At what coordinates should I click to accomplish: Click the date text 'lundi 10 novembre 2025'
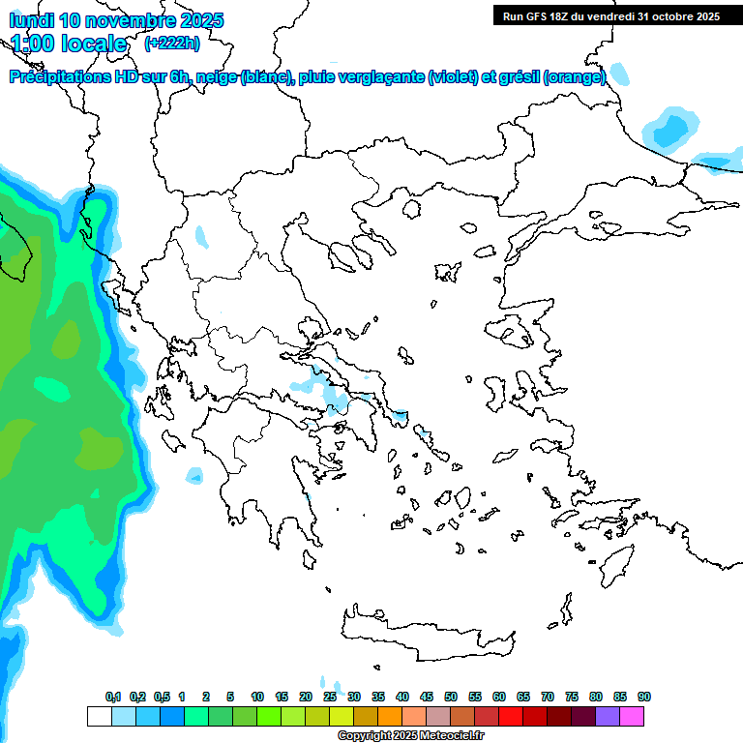pyautogui.click(x=116, y=20)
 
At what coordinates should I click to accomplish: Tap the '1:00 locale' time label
pyautogui.click(x=69, y=44)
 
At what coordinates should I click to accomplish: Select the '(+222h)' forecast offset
pyautogui.click(x=172, y=44)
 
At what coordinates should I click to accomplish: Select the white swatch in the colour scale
pyautogui.click(x=99, y=717)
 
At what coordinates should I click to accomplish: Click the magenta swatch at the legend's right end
pyautogui.click(x=632, y=717)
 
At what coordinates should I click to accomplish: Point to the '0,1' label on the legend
pyautogui.click(x=113, y=698)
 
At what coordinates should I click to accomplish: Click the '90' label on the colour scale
pyautogui.click(x=644, y=698)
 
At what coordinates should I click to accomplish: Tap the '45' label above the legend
pyautogui.click(x=427, y=698)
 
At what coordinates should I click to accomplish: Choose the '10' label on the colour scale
pyautogui.click(x=257, y=698)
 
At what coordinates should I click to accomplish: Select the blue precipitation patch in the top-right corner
pyautogui.click(x=671, y=128)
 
